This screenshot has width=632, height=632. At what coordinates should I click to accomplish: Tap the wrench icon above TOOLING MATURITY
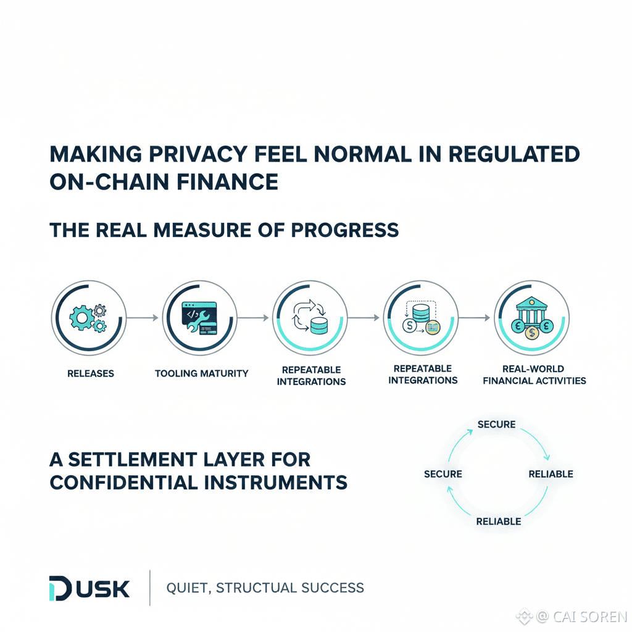[x=199, y=318]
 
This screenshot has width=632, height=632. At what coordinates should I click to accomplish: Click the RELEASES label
[x=91, y=373]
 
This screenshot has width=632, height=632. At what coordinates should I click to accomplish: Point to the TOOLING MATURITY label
[x=201, y=373]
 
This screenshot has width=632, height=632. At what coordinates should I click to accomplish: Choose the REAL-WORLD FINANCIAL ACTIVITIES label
[x=534, y=375]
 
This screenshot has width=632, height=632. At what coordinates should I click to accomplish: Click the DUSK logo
[x=89, y=588]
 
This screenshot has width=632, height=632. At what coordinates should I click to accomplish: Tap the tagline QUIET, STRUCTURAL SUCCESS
[x=265, y=588]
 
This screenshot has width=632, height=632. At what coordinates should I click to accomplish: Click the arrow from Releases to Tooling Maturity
[x=143, y=318]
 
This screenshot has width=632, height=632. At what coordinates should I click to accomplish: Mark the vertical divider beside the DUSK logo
[x=150, y=588]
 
